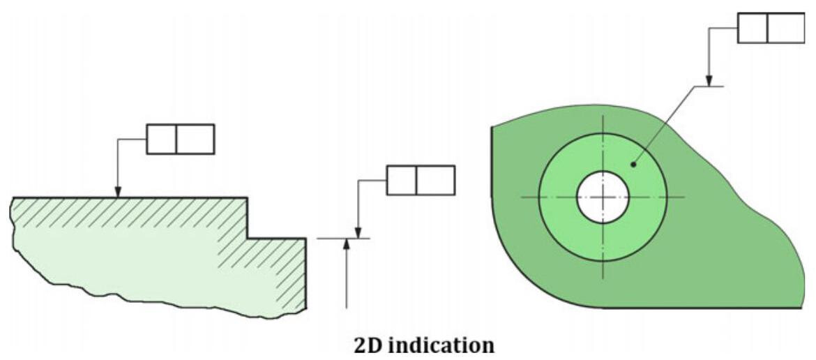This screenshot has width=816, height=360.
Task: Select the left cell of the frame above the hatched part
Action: [161, 139]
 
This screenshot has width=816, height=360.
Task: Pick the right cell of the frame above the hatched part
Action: [195, 139]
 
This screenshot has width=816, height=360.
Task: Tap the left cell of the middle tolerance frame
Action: [401, 180]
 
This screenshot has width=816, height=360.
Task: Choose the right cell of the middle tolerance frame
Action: [435, 180]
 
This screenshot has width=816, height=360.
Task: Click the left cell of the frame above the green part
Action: [752, 28]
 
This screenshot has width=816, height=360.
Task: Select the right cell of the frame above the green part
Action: [785, 28]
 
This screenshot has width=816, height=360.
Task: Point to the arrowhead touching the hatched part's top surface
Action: [118, 192]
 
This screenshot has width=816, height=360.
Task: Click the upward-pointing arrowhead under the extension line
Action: [346, 244]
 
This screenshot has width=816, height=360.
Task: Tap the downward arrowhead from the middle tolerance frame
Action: [358, 233]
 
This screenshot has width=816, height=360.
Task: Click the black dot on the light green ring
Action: [633, 165]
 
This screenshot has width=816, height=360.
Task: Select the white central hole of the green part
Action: [603, 197]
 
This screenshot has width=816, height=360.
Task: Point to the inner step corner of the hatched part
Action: [248, 239]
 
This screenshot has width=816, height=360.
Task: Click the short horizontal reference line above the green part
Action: [708, 86]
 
